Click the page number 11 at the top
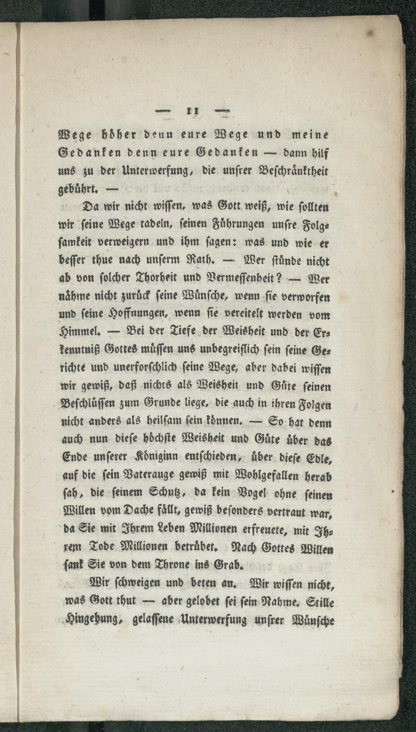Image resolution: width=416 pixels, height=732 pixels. pyautogui.click(x=192, y=112)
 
